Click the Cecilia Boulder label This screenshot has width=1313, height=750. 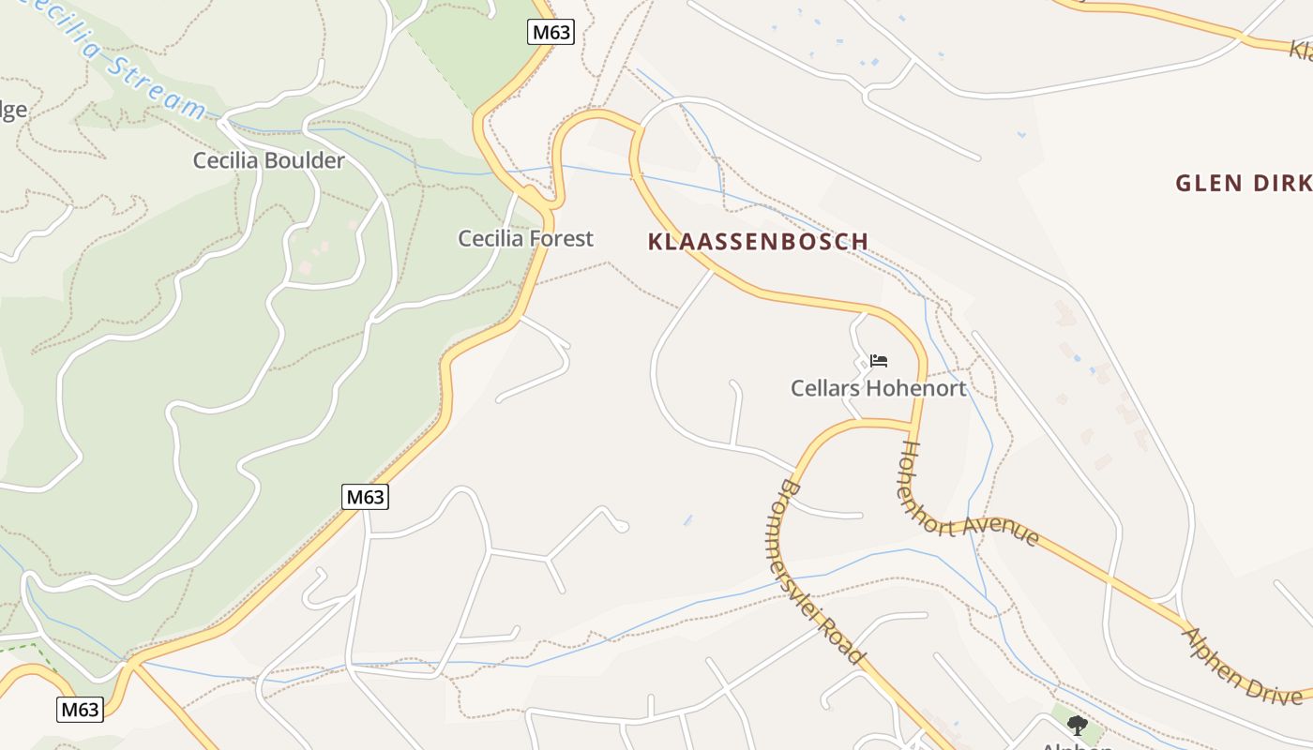(268, 160)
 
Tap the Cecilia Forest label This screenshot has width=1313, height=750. (525, 238)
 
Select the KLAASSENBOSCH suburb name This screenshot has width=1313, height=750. (758, 242)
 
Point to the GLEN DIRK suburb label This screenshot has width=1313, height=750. (1243, 183)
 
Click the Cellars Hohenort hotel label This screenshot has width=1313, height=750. (878, 388)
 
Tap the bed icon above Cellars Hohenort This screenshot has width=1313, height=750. (879, 360)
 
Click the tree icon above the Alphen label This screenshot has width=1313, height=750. (1078, 725)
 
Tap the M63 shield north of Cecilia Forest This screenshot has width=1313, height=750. (551, 32)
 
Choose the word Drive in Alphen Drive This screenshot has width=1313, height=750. (1274, 688)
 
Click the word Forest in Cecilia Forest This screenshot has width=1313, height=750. (561, 238)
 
